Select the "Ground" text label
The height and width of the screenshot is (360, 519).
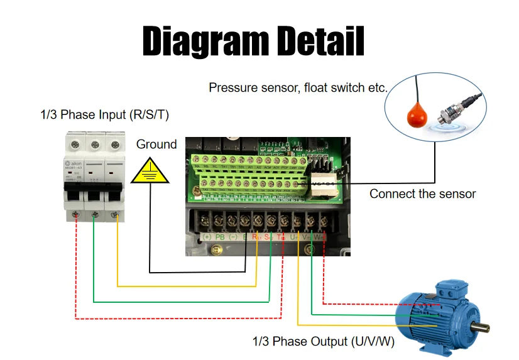(156, 145)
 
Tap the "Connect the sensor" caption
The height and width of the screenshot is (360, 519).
(422, 194)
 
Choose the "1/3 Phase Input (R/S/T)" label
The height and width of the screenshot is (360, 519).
(104, 115)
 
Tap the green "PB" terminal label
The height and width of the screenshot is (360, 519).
(220, 237)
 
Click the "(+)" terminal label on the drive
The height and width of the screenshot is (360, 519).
(206, 237)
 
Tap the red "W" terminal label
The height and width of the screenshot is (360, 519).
(319, 237)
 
